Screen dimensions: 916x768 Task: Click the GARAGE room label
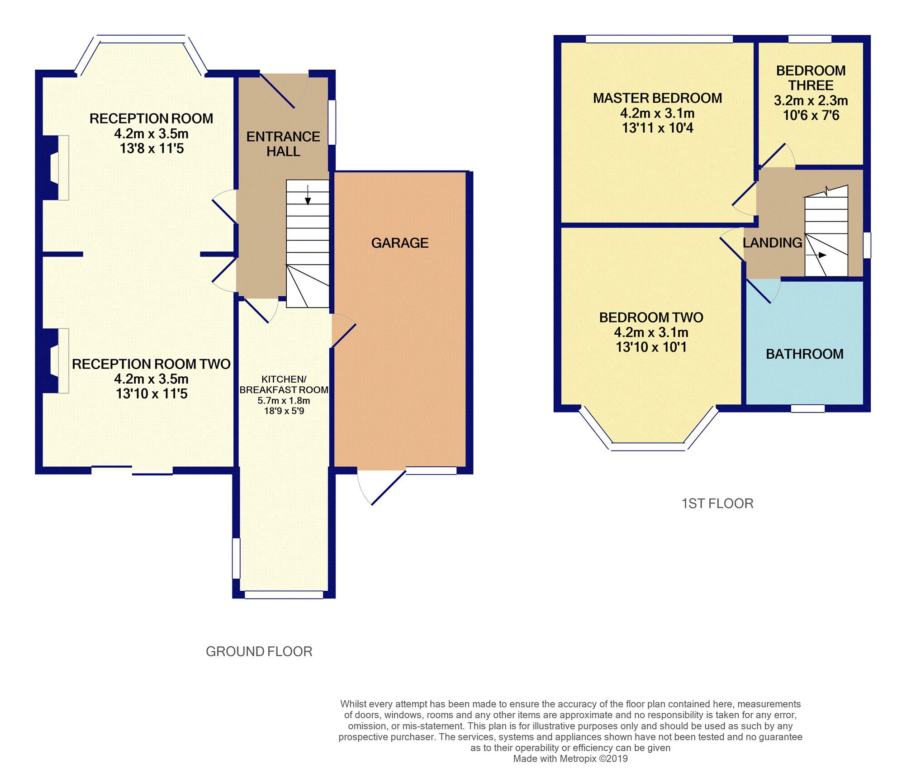pos(400,243)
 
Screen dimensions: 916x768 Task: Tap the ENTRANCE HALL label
pos(283,144)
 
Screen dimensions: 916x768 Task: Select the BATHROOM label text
pos(805,354)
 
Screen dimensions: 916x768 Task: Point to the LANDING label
pos(773,243)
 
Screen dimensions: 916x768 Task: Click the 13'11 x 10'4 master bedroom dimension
pos(657,128)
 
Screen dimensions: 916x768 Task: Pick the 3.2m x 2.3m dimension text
pos(811,100)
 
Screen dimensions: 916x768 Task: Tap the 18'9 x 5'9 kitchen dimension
pos(284,411)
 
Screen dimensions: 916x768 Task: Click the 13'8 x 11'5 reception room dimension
pos(152,148)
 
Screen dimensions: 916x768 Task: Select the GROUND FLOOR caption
pos(259,651)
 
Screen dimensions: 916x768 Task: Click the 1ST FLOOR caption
pos(717,503)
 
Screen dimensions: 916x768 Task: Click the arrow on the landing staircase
pos(816,255)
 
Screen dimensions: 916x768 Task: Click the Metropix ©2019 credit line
pos(570,759)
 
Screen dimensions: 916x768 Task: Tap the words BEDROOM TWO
pos(651,318)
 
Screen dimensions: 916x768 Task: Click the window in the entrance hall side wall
pos(332,123)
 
